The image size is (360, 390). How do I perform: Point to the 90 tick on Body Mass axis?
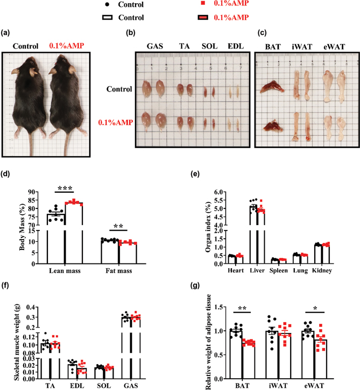[x=31, y=192]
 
